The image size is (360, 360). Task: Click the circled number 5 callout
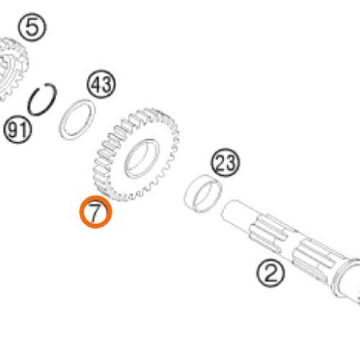tap(32, 27)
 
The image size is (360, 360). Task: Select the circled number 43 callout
tap(101, 84)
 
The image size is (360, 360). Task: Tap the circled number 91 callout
tap(17, 130)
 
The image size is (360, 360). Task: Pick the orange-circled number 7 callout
tap(96, 212)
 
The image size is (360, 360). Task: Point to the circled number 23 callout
tap(225, 162)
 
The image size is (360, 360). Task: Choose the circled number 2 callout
tap(271, 274)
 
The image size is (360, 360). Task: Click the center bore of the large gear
tap(142, 159)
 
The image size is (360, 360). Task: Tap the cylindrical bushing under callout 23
tap(203, 194)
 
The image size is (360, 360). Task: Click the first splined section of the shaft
tap(268, 233)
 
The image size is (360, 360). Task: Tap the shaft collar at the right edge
tap(347, 281)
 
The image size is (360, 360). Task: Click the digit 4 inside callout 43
tap(96, 84)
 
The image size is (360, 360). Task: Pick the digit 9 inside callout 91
tap(13, 130)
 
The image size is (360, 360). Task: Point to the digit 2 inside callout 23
tap(220, 163)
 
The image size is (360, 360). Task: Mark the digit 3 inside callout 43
tap(107, 84)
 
